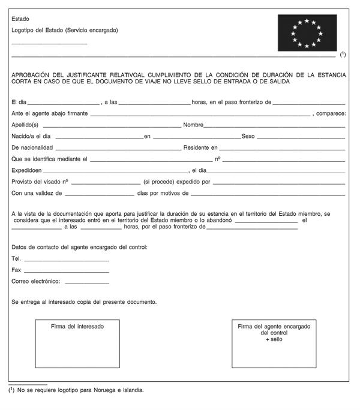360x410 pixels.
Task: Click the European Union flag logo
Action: tap(307, 33)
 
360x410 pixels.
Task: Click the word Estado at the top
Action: tap(20, 19)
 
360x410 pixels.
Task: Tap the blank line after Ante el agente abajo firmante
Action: tap(200, 114)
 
